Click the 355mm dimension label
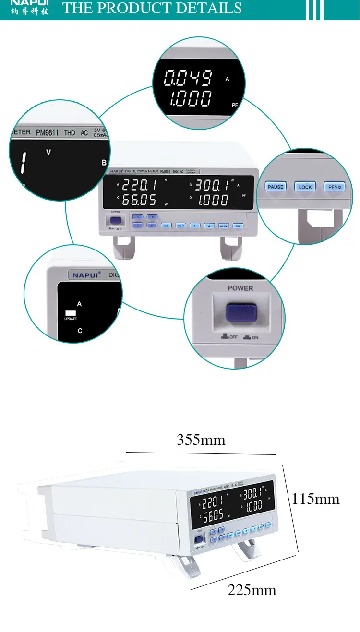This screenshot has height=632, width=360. point(201,440)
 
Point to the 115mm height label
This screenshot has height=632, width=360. point(315,499)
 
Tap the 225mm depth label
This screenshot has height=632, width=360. point(252,590)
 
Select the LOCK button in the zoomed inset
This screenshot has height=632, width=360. point(305,187)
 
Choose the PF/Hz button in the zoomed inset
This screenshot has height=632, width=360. point(335,187)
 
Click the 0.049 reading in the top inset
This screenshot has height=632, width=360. point(188,78)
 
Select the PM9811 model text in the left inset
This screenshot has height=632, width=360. point(48,133)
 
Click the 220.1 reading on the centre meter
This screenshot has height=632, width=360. point(139,185)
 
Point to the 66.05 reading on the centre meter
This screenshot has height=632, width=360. point(139,200)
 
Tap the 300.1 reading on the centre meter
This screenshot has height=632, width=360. point(211,185)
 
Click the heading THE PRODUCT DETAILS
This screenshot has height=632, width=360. point(152,8)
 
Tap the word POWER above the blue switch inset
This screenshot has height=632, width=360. point(240,288)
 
